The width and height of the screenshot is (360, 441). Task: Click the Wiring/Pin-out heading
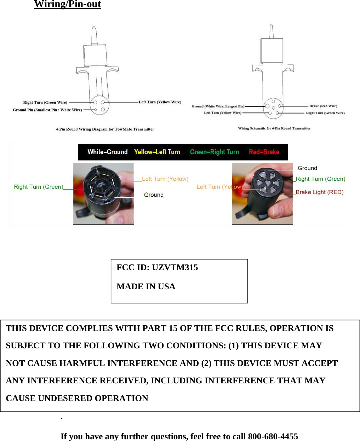(67, 4)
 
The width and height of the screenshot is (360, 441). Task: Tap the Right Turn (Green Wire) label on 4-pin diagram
(45, 103)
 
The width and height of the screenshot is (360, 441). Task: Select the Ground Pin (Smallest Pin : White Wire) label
(47, 110)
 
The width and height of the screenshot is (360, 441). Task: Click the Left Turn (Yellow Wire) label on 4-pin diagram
(160, 102)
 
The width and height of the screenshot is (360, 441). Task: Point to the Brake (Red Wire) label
(323, 106)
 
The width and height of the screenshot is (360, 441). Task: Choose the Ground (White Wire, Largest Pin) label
(218, 106)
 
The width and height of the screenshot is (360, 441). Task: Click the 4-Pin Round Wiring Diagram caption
(105, 129)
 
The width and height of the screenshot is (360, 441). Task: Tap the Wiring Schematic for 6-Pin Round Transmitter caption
(274, 128)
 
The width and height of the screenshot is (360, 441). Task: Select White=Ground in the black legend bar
(107, 152)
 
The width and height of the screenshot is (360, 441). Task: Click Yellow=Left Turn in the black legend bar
(157, 152)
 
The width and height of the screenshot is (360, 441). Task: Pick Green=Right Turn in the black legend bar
(214, 152)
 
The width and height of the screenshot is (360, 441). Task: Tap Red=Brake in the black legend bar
(264, 152)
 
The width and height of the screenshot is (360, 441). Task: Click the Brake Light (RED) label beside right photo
(319, 192)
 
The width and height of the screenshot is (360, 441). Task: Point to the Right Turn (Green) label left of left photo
(39, 187)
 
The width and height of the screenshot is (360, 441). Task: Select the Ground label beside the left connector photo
(154, 195)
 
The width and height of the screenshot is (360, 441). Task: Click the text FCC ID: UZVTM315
(157, 267)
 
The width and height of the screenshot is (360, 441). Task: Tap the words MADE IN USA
(146, 286)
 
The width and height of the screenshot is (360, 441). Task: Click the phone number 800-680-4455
(273, 436)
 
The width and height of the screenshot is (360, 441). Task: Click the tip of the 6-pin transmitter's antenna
(271, 25)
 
